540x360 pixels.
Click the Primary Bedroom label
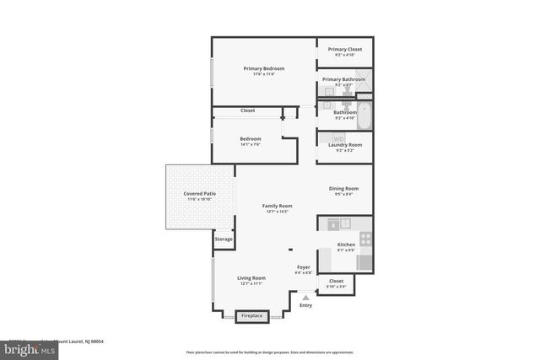pyautogui.click(x=264, y=68)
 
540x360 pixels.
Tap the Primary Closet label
pyautogui.click(x=344, y=50)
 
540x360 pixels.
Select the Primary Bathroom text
pyautogui.click(x=344, y=79)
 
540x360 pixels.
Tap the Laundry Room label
pyautogui.click(x=344, y=145)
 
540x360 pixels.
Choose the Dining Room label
pyautogui.click(x=343, y=189)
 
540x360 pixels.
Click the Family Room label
pyautogui.click(x=277, y=206)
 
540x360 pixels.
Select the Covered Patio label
pyautogui.click(x=200, y=194)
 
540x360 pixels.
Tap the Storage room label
pyautogui.click(x=224, y=239)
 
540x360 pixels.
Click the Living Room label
pyautogui.click(x=251, y=278)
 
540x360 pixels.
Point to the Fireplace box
pyautogui.click(x=252, y=316)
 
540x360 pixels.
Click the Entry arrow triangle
pyautogui.click(x=305, y=296)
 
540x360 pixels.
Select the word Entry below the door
pyautogui.click(x=305, y=305)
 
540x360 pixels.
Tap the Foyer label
pyautogui.click(x=304, y=267)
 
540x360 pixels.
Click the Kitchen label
pyautogui.click(x=347, y=244)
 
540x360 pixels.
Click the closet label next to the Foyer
pyautogui.click(x=336, y=281)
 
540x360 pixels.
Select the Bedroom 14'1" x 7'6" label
pyautogui.click(x=251, y=138)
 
